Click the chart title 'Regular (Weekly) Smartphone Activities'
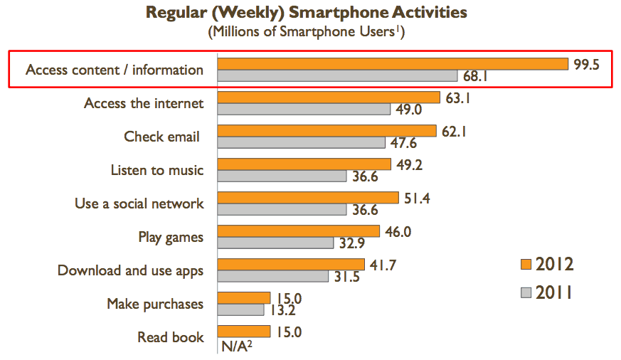click(307, 13)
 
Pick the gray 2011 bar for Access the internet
click(304, 110)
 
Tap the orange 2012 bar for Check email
click(327, 131)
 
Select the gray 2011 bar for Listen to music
click(282, 176)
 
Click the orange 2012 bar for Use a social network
click(307, 197)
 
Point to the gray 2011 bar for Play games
click(275, 243)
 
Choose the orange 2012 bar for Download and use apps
click(291, 265)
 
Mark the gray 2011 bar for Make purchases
click(240, 309)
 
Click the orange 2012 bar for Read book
click(244, 331)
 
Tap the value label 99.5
click(587, 64)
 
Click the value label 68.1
click(477, 75)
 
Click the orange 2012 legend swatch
click(526, 265)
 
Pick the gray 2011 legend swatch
click(526, 292)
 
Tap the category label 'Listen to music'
click(157, 170)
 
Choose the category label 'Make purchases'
click(155, 304)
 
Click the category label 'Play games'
click(171, 237)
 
